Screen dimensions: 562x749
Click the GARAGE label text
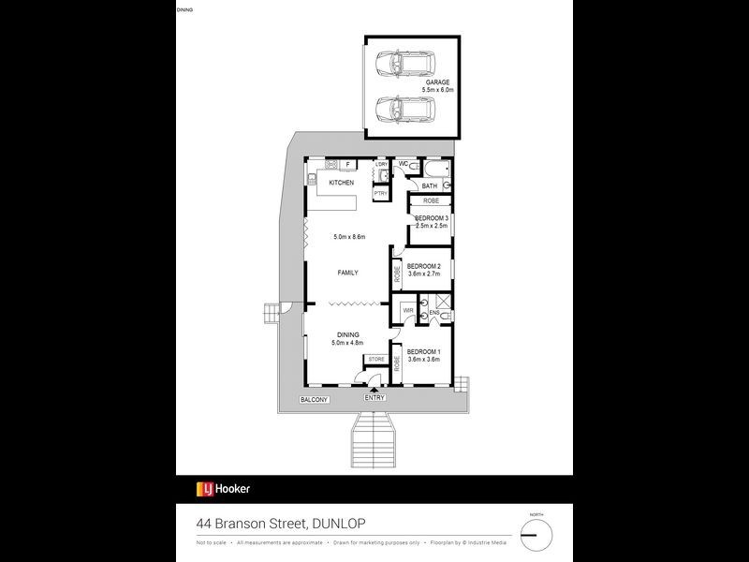pyautogui.click(x=438, y=82)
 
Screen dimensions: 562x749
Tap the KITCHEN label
pyautogui.click(x=341, y=183)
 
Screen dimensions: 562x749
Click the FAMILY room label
pyautogui.click(x=348, y=273)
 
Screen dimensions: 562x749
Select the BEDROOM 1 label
pyautogui.click(x=423, y=352)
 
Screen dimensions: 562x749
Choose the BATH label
pyautogui.click(x=429, y=185)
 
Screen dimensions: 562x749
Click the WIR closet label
pyautogui.click(x=408, y=310)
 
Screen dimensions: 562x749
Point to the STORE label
pyautogui.click(x=375, y=359)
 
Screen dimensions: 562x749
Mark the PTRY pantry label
pyautogui.click(x=380, y=193)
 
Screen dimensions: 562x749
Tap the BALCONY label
pyautogui.click(x=314, y=400)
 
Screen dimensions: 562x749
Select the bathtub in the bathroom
pyautogui.click(x=436, y=170)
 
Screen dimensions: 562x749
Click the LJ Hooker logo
pyautogui.click(x=223, y=488)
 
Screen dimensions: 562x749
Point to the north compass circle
pyautogui.click(x=536, y=534)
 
